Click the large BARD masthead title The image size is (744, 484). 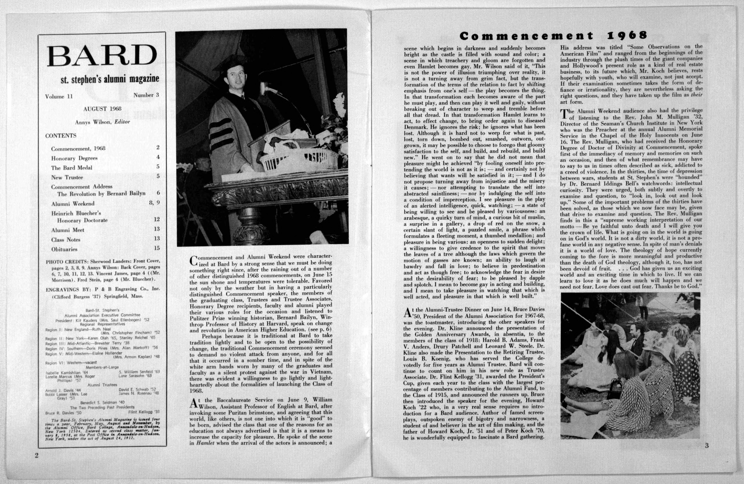102,55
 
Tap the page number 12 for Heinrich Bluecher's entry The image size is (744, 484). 157,219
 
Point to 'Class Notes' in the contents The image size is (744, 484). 66,240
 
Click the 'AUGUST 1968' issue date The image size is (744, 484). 102,109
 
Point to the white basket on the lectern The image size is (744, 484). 297,159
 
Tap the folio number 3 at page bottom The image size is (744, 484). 707,446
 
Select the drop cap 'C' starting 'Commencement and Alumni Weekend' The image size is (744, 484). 194,261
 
